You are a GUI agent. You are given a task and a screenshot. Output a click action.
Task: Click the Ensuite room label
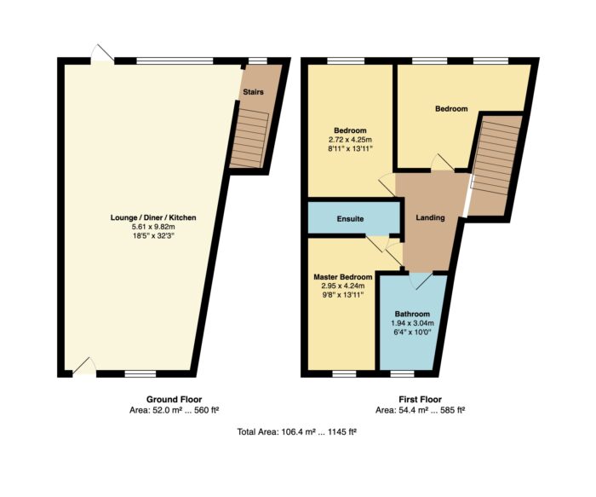(350, 219)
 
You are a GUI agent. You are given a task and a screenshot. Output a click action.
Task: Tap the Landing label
(430, 217)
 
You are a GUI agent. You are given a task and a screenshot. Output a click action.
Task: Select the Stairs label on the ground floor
(253, 92)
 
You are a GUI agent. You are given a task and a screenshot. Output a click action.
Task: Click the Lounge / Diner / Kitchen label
(153, 217)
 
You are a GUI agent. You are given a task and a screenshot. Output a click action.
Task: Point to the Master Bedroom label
(343, 277)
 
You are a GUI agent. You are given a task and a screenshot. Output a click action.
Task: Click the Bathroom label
(412, 314)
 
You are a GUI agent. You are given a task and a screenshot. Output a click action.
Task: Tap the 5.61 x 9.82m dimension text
(153, 227)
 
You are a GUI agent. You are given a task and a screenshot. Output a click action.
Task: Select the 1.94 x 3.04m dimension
(412, 323)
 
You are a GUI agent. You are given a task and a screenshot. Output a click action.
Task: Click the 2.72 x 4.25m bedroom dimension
(350, 140)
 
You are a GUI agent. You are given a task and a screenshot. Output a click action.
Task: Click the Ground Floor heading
(174, 400)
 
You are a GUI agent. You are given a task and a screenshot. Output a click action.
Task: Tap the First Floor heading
(420, 400)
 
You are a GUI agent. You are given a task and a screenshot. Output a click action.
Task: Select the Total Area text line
(296, 432)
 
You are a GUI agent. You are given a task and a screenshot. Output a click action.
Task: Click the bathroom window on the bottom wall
(402, 374)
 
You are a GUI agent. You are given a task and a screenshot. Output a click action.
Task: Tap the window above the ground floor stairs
(258, 61)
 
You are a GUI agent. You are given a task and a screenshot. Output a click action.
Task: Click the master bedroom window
(344, 374)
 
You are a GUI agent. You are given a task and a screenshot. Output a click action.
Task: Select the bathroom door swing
(421, 280)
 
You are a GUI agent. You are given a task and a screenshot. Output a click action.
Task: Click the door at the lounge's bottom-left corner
(83, 367)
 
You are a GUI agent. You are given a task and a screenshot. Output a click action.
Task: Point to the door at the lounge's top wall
(103, 53)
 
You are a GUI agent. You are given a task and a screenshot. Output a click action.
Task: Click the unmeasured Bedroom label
(451, 109)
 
